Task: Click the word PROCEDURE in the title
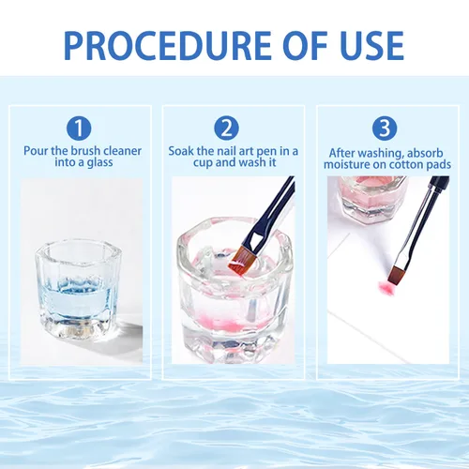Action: [x=168, y=45]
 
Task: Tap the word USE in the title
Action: [x=372, y=45]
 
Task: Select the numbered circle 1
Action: [x=79, y=129]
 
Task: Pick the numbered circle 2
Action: [x=226, y=129]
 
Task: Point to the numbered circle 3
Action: [x=385, y=129]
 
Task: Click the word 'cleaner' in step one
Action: [x=122, y=151]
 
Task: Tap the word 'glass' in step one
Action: [x=99, y=163]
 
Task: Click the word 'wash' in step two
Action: [x=251, y=162]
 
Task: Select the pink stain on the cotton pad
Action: [x=386, y=287]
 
